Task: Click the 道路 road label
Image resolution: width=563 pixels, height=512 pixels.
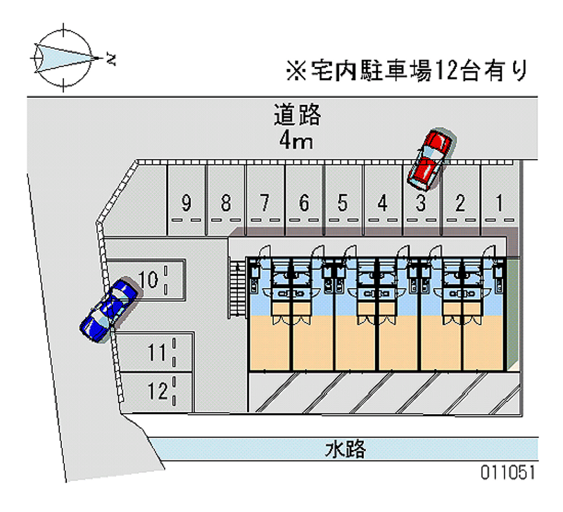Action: (297, 114)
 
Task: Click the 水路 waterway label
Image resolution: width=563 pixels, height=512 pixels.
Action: (346, 449)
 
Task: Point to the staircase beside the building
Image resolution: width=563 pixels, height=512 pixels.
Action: (236, 289)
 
